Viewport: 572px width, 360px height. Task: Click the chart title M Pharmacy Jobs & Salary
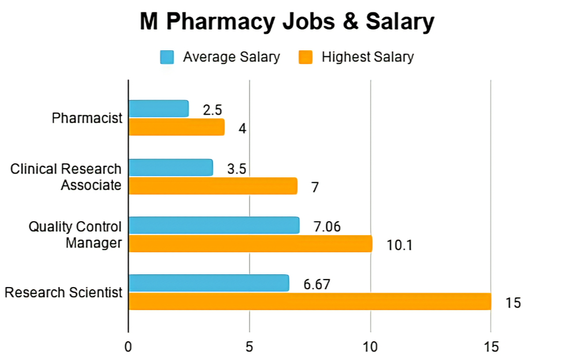point(287,22)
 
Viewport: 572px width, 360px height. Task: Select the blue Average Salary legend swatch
point(167,57)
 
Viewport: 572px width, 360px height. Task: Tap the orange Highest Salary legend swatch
point(305,57)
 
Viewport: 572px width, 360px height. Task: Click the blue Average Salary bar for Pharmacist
point(159,109)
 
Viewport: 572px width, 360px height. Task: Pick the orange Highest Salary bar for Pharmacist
point(176,127)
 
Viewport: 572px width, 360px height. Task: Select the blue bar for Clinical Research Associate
point(170,168)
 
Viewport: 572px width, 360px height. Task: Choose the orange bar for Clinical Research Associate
point(213,186)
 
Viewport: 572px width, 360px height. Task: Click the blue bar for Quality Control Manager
point(214,226)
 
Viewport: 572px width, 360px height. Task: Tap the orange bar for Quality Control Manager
point(250,244)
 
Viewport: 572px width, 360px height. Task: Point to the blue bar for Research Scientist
point(209,283)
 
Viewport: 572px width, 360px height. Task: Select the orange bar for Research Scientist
point(310,301)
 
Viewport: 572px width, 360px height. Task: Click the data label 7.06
point(326,226)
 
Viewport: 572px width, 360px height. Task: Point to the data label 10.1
point(400,245)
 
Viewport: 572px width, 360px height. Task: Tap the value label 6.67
point(317,284)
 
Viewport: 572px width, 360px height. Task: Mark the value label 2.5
point(212,110)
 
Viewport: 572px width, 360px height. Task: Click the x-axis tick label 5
point(249,347)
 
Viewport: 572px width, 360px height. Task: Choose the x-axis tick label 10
point(370,347)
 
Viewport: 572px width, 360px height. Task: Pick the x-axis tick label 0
point(128,347)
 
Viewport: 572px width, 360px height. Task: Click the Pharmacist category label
point(87,118)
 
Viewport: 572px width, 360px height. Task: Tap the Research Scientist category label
point(63,292)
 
